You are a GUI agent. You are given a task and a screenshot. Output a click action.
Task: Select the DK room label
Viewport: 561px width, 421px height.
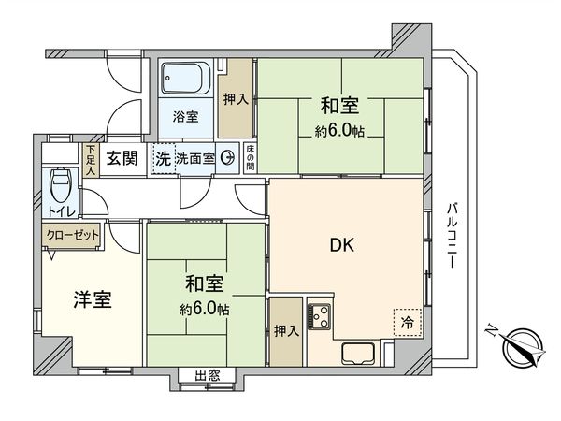(x=340, y=246)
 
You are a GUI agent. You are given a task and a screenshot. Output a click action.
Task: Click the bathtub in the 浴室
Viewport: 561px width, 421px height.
(x=187, y=78)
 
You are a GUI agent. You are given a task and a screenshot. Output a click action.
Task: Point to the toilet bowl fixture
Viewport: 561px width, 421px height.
(x=60, y=181)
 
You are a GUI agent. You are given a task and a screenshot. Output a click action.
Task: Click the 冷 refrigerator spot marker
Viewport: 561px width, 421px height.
(x=406, y=321)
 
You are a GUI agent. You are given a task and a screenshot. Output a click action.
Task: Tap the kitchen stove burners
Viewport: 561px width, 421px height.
(x=319, y=318)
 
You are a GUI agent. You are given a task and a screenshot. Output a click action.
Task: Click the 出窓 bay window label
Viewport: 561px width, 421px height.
(x=208, y=376)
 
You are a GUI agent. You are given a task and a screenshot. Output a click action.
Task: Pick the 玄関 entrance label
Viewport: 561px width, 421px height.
(x=120, y=158)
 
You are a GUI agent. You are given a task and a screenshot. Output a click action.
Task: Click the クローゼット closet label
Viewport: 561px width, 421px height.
(x=71, y=236)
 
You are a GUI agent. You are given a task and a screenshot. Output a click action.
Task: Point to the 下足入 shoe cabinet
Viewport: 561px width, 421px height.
(x=92, y=159)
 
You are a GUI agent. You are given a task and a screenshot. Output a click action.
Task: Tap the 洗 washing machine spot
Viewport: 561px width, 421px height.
(x=163, y=158)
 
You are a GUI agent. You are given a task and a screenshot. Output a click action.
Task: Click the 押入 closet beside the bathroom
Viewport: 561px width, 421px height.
(x=235, y=98)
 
